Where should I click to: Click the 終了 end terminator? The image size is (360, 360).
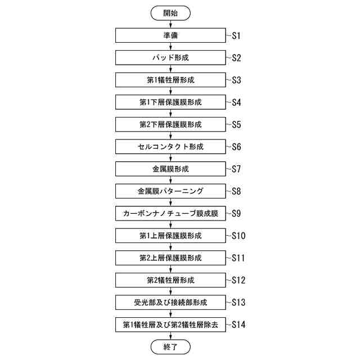(x=170, y=347)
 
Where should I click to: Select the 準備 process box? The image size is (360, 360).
(x=170, y=35)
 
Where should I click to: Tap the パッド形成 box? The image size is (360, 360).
(x=170, y=58)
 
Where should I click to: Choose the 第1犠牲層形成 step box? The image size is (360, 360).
(x=170, y=80)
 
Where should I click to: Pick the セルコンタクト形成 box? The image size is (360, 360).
(x=170, y=147)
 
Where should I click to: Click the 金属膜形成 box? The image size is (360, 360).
(x=170, y=169)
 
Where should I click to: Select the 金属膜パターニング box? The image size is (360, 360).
(x=170, y=191)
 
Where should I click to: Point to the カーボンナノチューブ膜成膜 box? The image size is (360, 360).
(x=170, y=213)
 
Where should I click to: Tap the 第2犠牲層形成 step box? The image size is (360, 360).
(x=170, y=280)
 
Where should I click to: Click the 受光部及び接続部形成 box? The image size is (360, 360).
(x=170, y=302)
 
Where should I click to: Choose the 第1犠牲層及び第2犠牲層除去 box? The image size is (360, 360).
(x=170, y=325)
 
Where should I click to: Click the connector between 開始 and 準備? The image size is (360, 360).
(x=170, y=25)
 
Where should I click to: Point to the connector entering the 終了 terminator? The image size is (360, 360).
(x=170, y=336)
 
